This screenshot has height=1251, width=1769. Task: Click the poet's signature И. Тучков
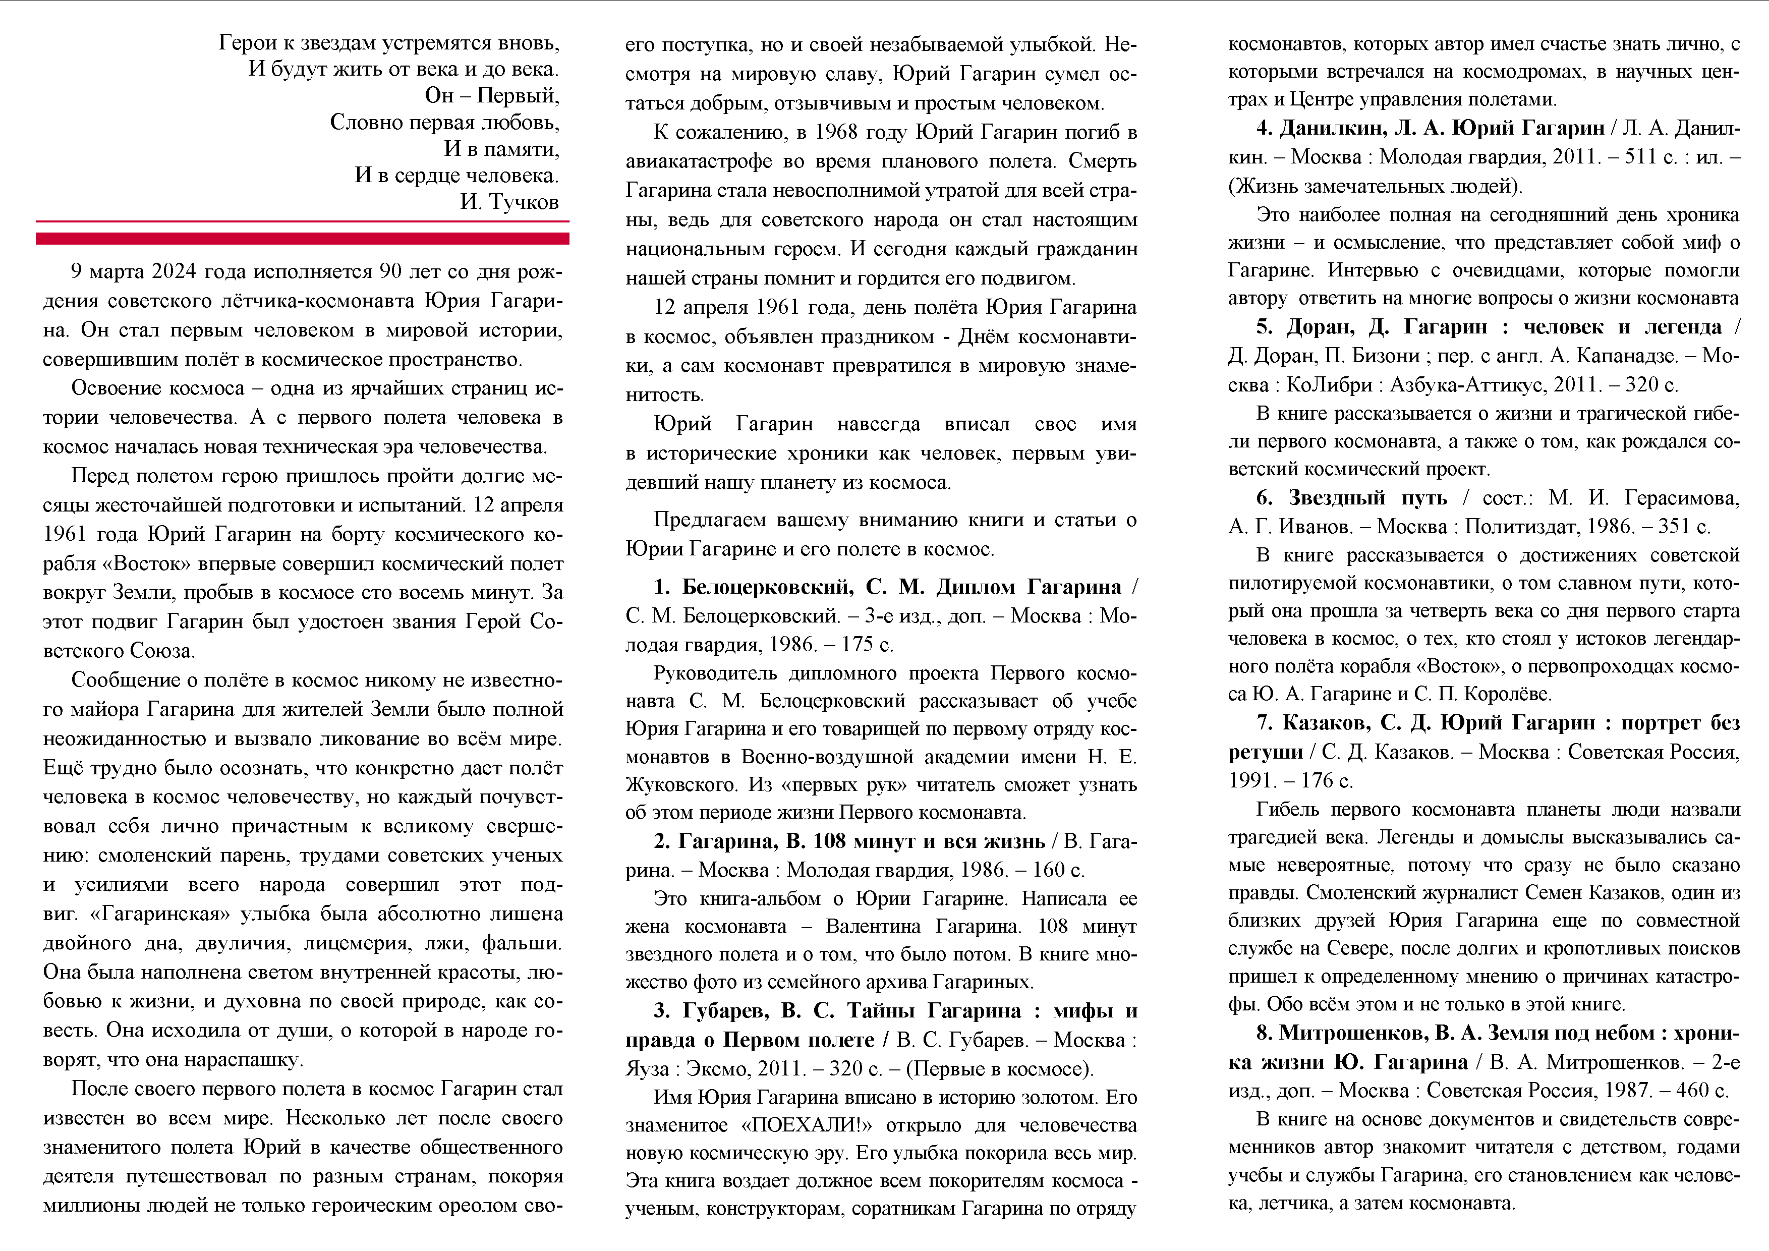pyautogui.click(x=509, y=202)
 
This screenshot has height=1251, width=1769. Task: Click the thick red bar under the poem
pyautogui.click(x=302, y=239)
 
